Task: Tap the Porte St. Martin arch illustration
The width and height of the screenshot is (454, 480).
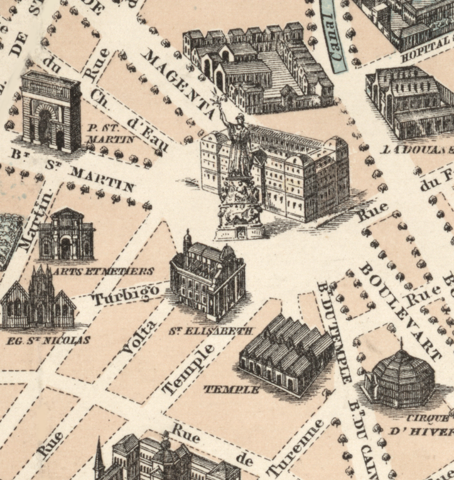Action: coord(51,112)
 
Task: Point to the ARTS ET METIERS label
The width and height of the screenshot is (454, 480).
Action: coord(104,271)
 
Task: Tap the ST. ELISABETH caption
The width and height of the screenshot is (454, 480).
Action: coord(210,330)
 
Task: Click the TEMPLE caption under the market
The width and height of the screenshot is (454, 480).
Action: coord(231,390)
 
